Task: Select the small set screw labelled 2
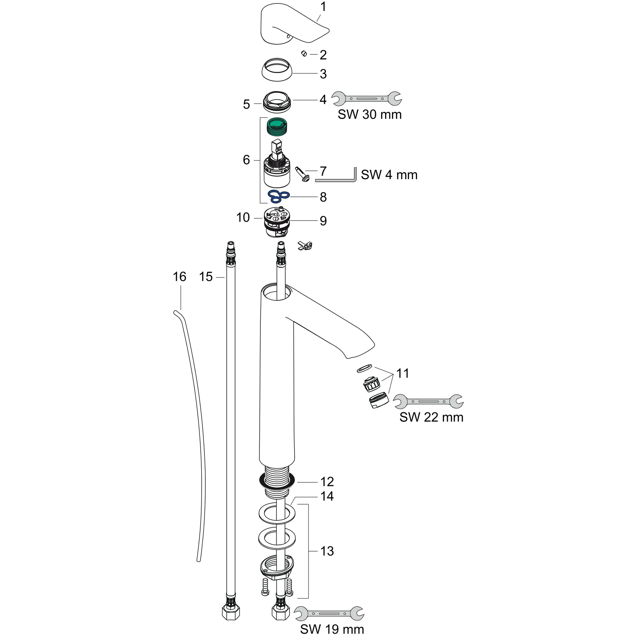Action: pos(304,53)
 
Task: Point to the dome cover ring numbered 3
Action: pos(277,70)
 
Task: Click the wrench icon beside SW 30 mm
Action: pos(366,98)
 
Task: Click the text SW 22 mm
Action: pos(431,417)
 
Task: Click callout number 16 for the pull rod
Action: pos(179,277)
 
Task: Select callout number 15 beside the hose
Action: pos(206,277)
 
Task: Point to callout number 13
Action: pos(327,551)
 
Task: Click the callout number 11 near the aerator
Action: pos(402,374)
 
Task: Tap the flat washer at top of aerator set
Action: pos(364,368)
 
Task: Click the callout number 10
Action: pos(243,218)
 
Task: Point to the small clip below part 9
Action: pos(305,245)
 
